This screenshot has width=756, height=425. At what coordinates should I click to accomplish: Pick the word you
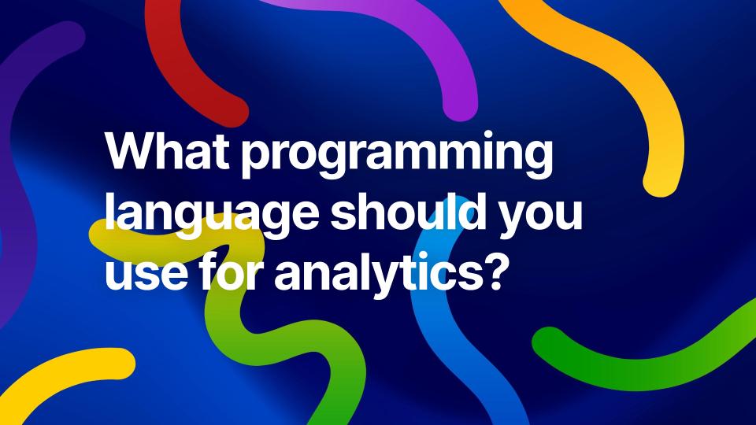pyautogui.click(x=539, y=218)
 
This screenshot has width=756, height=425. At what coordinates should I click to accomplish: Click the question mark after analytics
pyautogui.click(x=488, y=272)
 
